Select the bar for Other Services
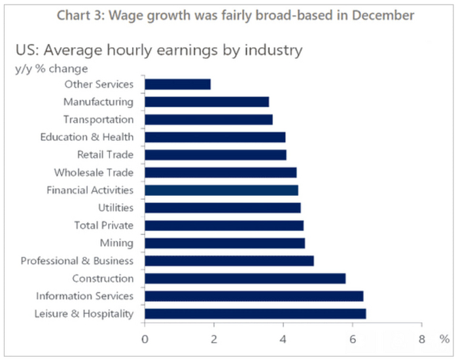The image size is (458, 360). (x=177, y=84)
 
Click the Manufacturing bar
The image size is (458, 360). (x=206, y=101)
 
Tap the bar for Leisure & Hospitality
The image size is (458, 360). (x=255, y=314)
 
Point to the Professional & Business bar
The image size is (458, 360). (x=229, y=261)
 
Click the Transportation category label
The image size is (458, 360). (x=98, y=119)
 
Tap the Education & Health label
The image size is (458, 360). (x=86, y=137)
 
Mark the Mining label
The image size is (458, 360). (x=118, y=243)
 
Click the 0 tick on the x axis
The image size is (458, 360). (x=145, y=338)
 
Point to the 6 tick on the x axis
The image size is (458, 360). (x=353, y=338)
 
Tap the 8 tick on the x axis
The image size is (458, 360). (x=422, y=338)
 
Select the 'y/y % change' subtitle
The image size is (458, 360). (x=52, y=68)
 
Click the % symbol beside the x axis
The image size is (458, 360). (x=445, y=338)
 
